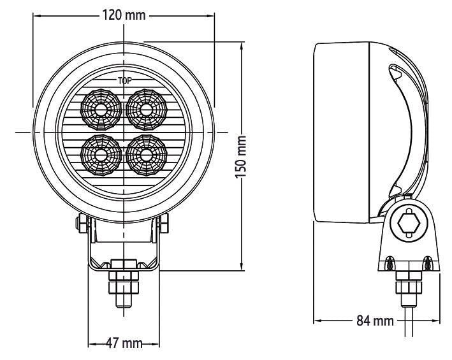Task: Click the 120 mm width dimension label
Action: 124,15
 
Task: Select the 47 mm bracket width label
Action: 122,343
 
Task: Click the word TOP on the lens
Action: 124,81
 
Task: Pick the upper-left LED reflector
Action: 101,108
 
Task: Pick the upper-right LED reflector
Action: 147,108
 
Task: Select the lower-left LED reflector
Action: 101,154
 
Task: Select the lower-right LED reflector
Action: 147,154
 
